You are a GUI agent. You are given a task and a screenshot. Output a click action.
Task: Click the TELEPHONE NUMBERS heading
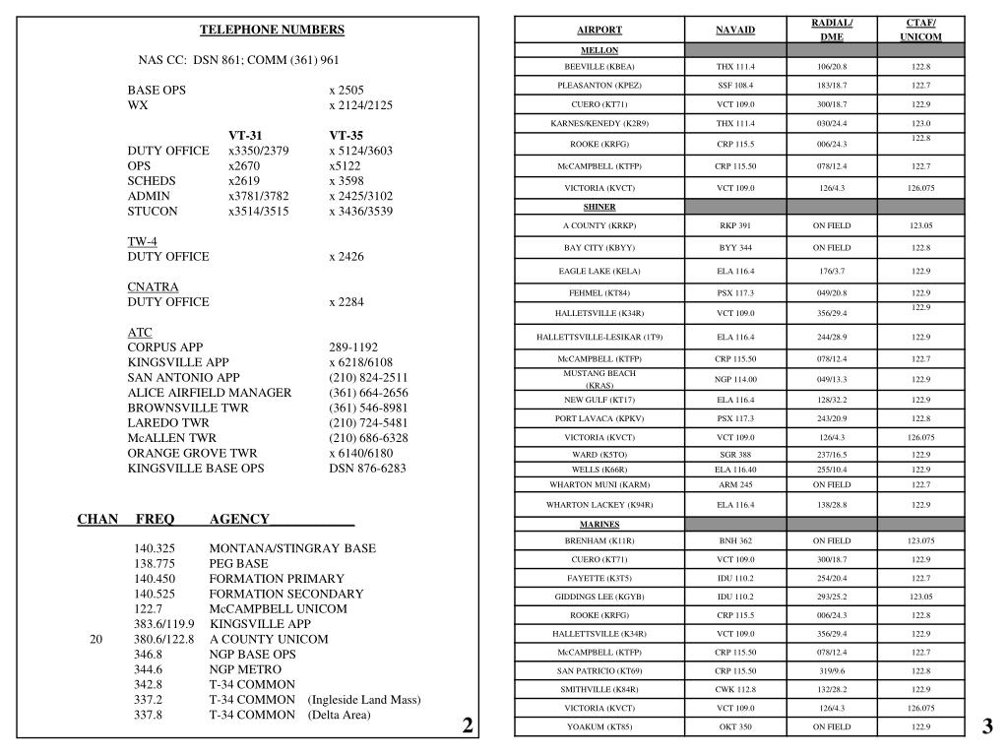point(273,31)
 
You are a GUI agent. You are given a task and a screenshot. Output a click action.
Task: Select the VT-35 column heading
point(346,136)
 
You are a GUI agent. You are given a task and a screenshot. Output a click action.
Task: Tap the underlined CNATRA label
point(153,286)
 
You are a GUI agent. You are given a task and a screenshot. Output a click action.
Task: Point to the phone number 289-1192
point(353,347)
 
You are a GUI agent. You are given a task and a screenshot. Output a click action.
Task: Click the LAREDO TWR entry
point(168,422)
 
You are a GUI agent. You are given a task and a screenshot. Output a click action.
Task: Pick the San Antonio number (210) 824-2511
point(368,377)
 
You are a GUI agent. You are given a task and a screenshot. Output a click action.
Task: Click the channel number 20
point(95,639)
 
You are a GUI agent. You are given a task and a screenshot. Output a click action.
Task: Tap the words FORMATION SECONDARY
point(285,594)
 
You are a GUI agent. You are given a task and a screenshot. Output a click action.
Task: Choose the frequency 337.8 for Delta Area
point(149,715)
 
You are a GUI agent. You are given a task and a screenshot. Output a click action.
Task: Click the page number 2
point(468,726)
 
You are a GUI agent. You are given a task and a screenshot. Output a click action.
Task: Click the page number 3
point(987,726)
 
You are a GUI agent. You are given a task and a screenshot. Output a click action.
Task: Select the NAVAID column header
point(735,30)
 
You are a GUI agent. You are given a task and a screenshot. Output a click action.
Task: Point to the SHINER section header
point(599,207)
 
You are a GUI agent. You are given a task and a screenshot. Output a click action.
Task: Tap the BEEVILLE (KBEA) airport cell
point(599,66)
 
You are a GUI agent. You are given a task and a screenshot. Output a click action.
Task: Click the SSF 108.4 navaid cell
point(735,86)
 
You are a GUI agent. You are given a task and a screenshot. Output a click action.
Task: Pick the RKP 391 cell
point(735,225)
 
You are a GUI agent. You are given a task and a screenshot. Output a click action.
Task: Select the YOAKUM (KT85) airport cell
point(599,726)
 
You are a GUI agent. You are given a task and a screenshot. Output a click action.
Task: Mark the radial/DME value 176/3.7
point(832,270)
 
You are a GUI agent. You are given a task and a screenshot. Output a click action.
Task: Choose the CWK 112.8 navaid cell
point(735,689)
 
